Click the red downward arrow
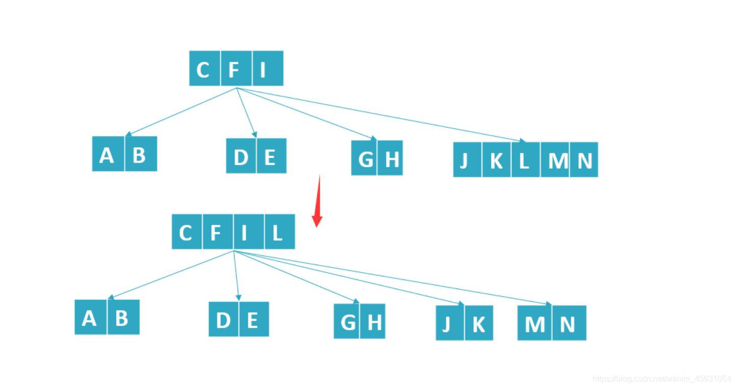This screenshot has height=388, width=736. point(317,202)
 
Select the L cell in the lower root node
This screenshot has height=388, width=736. point(280,232)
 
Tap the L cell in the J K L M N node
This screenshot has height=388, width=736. point(525,160)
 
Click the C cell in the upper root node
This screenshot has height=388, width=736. point(205,69)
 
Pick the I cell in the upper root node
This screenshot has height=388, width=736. point(268,69)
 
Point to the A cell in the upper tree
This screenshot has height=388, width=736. point(108,154)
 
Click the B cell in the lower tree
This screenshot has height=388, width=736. point(123,318)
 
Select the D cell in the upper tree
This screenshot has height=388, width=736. point(241,157)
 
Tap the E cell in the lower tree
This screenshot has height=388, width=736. point(253,320)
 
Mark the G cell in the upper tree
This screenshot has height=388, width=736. point(364,159)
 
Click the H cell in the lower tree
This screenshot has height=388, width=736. point(373,322)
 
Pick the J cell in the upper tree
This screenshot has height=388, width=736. point(467,160)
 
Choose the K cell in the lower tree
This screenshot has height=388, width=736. point(479,323)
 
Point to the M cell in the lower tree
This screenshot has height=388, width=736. point(535,323)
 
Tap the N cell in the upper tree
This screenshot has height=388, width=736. point(584,160)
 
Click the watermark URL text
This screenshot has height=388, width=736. point(662,379)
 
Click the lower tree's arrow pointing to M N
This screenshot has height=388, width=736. point(393,278)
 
